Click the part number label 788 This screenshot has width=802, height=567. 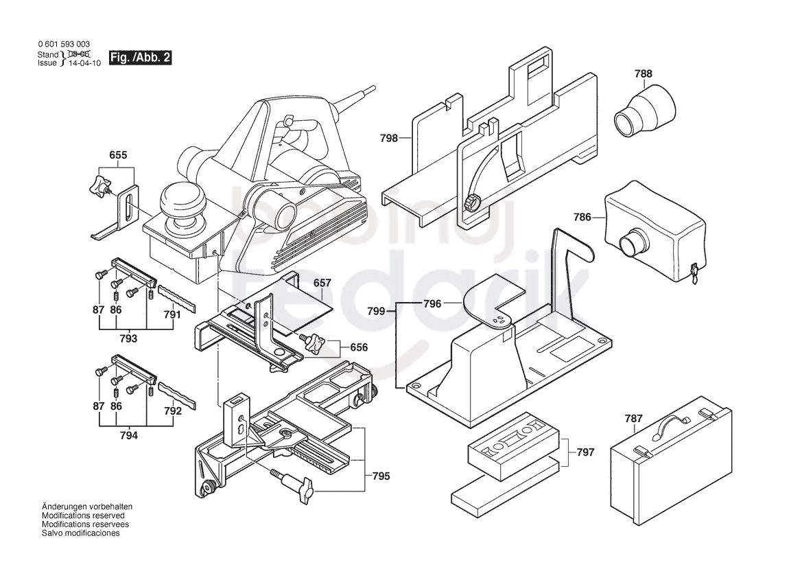[644, 73]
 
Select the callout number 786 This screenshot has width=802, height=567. [582, 218]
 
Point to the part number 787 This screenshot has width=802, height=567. [634, 419]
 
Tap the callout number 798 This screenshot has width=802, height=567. [389, 138]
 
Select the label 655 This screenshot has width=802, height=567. [118, 155]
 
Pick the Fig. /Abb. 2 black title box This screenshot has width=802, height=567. [141, 57]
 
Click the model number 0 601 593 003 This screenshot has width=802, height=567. [63, 45]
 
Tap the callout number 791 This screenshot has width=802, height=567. [172, 314]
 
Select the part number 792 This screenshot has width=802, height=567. [173, 411]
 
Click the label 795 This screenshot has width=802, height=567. [381, 476]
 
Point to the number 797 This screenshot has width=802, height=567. [586, 452]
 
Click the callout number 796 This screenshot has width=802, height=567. [432, 304]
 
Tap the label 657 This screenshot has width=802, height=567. [322, 283]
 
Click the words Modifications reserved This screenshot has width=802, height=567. [83, 516]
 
